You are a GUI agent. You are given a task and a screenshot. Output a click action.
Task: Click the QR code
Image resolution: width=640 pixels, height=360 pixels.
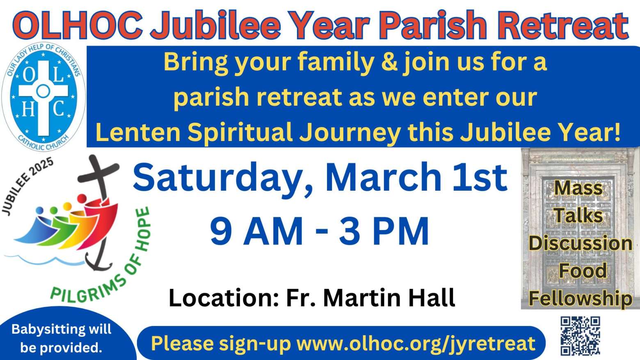[x=580, y=336]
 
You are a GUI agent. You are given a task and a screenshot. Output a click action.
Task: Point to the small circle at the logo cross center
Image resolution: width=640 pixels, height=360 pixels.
[x=43, y=91]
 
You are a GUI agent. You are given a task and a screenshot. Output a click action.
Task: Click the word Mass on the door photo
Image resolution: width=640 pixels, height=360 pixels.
[x=578, y=188]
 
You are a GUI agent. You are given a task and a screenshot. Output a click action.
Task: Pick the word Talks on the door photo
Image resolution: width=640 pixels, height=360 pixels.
[x=578, y=216]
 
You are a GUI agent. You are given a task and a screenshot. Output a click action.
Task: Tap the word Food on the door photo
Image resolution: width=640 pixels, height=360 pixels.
[x=583, y=270]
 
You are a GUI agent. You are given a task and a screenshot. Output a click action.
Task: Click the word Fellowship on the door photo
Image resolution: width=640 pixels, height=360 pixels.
[x=580, y=299]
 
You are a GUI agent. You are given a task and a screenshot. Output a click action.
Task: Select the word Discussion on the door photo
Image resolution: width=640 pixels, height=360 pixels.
[x=580, y=243]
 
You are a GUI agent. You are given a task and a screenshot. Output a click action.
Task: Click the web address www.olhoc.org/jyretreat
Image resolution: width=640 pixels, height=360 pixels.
[x=416, y=344]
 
